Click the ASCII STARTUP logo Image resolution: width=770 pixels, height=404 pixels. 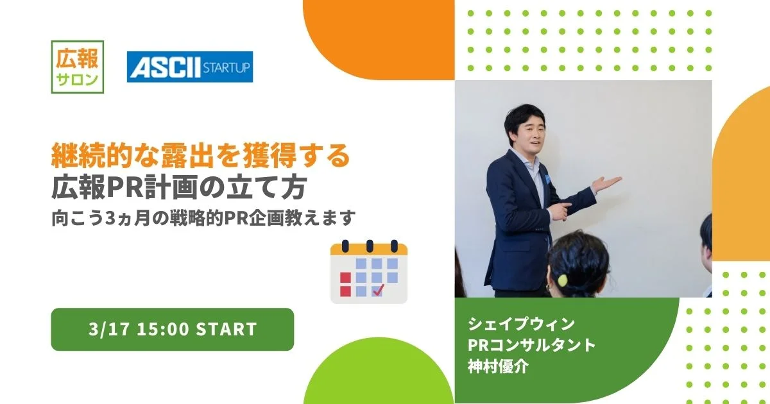point(190,67)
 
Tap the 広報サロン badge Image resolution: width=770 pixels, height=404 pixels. point(78,67)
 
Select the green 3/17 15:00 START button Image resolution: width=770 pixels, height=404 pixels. point(173,329)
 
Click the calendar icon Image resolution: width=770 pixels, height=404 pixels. point(369,272)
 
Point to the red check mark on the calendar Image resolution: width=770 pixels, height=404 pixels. point(379,290)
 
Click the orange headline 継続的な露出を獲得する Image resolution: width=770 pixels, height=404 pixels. point(200,156)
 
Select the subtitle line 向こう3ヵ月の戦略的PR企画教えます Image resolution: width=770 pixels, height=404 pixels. point(203,218)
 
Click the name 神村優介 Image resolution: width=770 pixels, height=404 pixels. point(498,366)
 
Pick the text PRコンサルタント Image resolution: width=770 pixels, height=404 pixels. point(531,345)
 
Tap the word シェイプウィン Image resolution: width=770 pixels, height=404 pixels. point(521,324)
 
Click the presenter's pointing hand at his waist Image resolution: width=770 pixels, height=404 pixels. point(560,210)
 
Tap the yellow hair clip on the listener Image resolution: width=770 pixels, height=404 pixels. point(562,280)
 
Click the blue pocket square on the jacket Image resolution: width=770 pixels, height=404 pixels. point(547,178)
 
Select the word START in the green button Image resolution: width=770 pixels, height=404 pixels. point(226,329)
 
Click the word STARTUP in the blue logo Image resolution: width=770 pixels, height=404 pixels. point(226,67)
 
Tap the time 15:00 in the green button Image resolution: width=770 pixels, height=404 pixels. point(163,329)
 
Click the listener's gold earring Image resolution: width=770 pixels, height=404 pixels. point(547,287)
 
